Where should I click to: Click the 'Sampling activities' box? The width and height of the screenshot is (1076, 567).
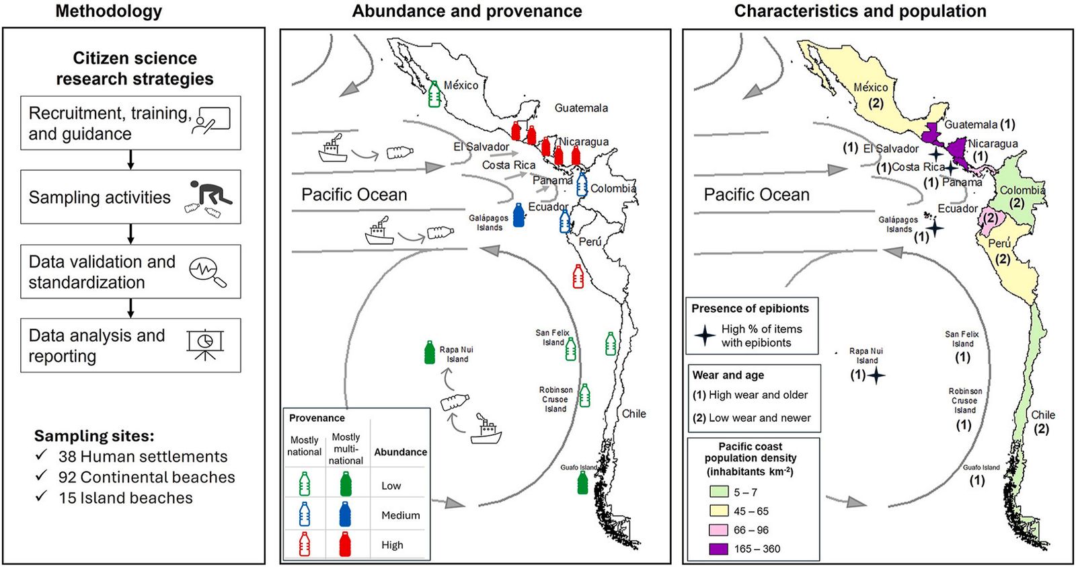[130, 197]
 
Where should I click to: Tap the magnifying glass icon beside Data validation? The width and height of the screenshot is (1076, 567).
[208, 272]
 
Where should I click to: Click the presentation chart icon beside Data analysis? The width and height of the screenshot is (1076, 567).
[205, 345]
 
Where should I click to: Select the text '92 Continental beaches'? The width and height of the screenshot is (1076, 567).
[147, 478]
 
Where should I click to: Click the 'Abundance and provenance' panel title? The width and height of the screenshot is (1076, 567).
[467, 11]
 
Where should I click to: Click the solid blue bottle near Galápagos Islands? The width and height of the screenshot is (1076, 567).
[518, 215]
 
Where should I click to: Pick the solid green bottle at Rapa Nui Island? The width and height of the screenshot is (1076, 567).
[430, 352]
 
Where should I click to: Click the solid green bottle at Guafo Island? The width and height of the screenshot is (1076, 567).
[582, 482]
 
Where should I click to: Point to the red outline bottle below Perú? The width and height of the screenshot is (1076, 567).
[578, 276]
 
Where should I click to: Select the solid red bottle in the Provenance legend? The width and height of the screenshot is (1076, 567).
[345, 544]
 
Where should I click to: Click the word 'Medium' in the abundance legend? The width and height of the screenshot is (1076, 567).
[400, 515]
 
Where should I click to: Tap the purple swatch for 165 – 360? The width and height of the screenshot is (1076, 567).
[718, 549]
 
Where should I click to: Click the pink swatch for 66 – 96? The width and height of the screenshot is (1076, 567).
[718, 530]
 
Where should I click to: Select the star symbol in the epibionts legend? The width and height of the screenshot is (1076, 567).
[704, 335]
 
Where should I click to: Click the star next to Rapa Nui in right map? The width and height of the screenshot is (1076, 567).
[876, 375]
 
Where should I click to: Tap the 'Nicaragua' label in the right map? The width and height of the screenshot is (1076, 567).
[993, 143]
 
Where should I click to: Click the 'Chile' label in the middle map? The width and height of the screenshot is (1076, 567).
[633, 414]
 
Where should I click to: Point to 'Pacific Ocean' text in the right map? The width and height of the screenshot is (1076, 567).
[757, 195]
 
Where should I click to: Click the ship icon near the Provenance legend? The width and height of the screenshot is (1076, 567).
[486, 430]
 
